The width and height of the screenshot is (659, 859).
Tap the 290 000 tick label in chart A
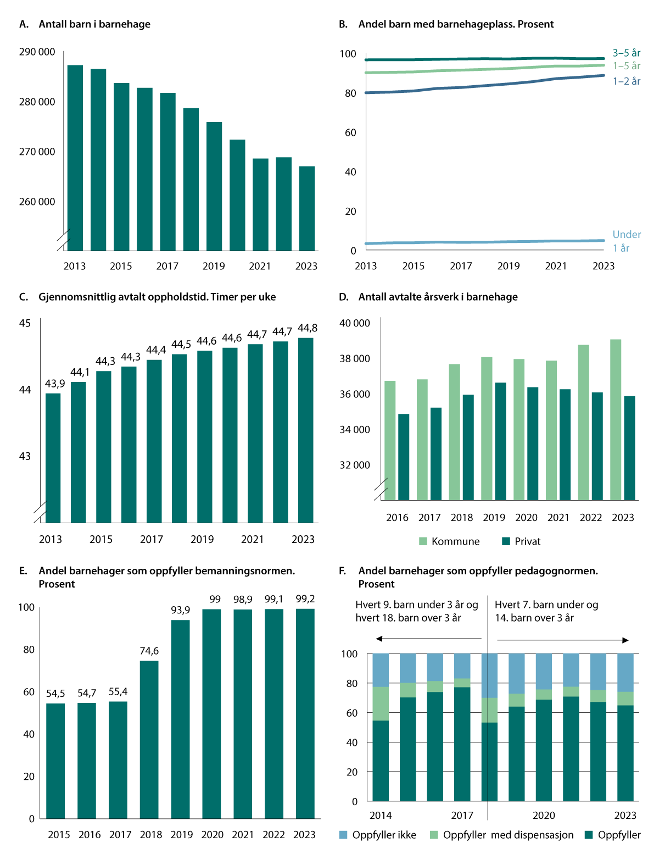pos(37,52)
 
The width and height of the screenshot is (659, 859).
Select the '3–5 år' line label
pos(627,53)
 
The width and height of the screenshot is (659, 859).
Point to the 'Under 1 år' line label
pos(627,241)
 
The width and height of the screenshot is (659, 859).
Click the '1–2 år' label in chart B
pos(627,81)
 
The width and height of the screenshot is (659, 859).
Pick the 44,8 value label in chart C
pos(308,328)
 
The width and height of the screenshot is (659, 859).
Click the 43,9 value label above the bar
pos(55,384)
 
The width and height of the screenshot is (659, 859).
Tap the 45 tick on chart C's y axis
pos(25,323)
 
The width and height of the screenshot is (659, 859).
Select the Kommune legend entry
pos(449,541)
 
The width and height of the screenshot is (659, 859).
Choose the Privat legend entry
pos(521,541)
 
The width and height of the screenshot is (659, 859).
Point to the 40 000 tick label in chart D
pos(355,323)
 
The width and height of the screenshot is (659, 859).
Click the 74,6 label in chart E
pos(149,651)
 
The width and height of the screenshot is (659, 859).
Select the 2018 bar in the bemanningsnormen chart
pos(149,739)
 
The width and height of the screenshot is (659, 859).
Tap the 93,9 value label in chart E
pos(181,610)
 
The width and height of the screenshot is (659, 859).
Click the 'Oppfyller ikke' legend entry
pos(378,835)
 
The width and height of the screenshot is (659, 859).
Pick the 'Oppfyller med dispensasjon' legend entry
pos(501,835)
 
